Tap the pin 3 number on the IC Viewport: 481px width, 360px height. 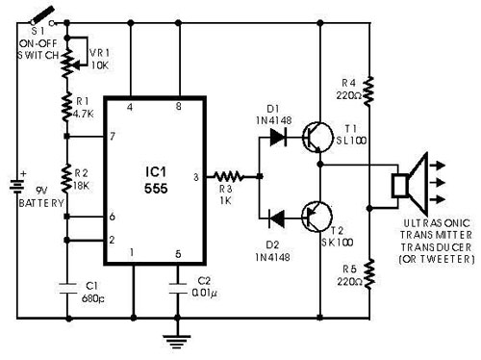(x=197, y=177)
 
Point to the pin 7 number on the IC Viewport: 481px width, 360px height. (x=114, y=136)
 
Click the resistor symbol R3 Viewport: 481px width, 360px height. (x=226, y=177)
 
